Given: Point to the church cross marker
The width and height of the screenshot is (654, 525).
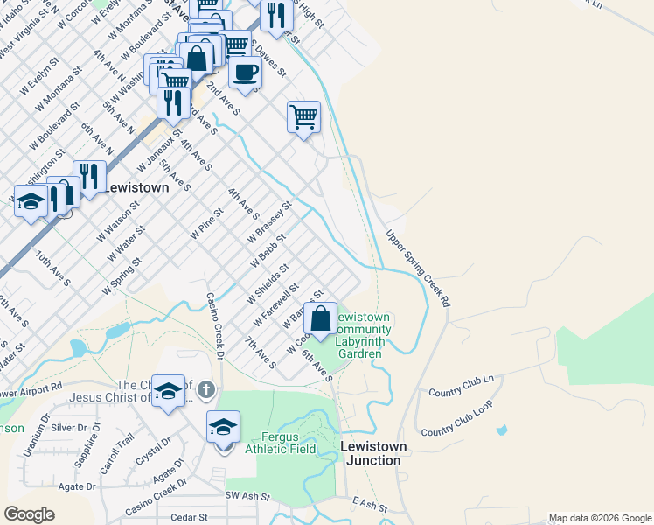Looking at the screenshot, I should (205, 389).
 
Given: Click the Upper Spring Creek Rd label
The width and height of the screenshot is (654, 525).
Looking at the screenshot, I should (419, 268).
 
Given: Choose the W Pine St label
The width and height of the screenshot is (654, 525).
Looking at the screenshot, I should (207, 225).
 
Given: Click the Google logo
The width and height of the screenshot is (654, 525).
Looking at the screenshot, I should (30, 514).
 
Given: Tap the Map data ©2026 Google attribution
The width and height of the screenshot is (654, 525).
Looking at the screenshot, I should (600, 517).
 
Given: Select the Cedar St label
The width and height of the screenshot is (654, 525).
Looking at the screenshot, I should (188, 517).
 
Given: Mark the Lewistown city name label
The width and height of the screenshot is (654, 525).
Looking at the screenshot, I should (136, 187).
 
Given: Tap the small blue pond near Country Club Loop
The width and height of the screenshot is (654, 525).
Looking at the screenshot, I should (501, 430).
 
